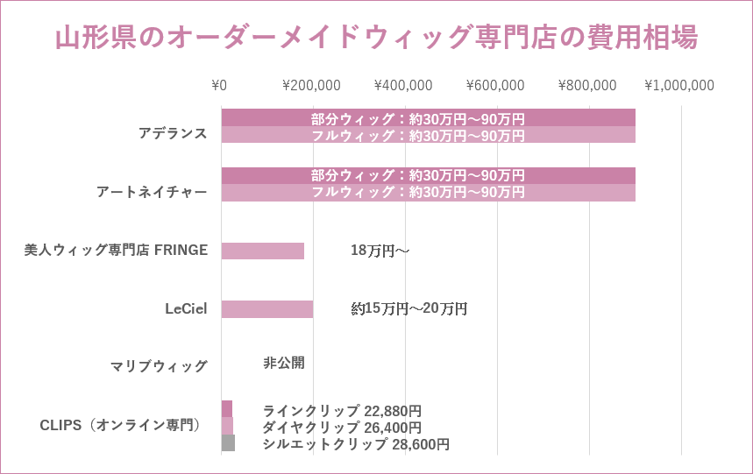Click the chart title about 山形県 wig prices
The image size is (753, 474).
click(x=376, y=39)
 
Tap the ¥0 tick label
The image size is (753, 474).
click(x=219, y=85)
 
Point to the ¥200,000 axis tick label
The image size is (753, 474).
click(x=311, y=85)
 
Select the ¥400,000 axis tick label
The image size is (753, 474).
click(x=403, y=85)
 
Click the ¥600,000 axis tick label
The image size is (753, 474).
click(x=495, y=85)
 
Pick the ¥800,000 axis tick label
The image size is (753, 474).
click(x=587, y=85)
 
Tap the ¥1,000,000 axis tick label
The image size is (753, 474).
click(x=679, y=85)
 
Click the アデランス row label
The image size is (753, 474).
click(x=173, y=133)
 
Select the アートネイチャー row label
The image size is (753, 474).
click(x=152, y=192)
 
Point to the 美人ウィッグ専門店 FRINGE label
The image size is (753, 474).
click(x=116, y=250)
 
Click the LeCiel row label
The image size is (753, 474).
click(x=186, y=308)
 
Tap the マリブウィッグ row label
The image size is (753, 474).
click(x=160, y=366)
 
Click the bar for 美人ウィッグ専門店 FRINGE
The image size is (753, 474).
click(x=262, y=251)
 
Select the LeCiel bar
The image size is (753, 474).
click(x=266, y=309)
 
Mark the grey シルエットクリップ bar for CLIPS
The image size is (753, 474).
click(x=228, y=443)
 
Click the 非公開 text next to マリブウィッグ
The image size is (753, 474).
click(x=284, y=362)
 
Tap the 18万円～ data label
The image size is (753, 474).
click(x=380, y=251)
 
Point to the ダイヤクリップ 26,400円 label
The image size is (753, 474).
click(x=342, y=428)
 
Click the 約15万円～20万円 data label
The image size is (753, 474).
click(x=409, y=308)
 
